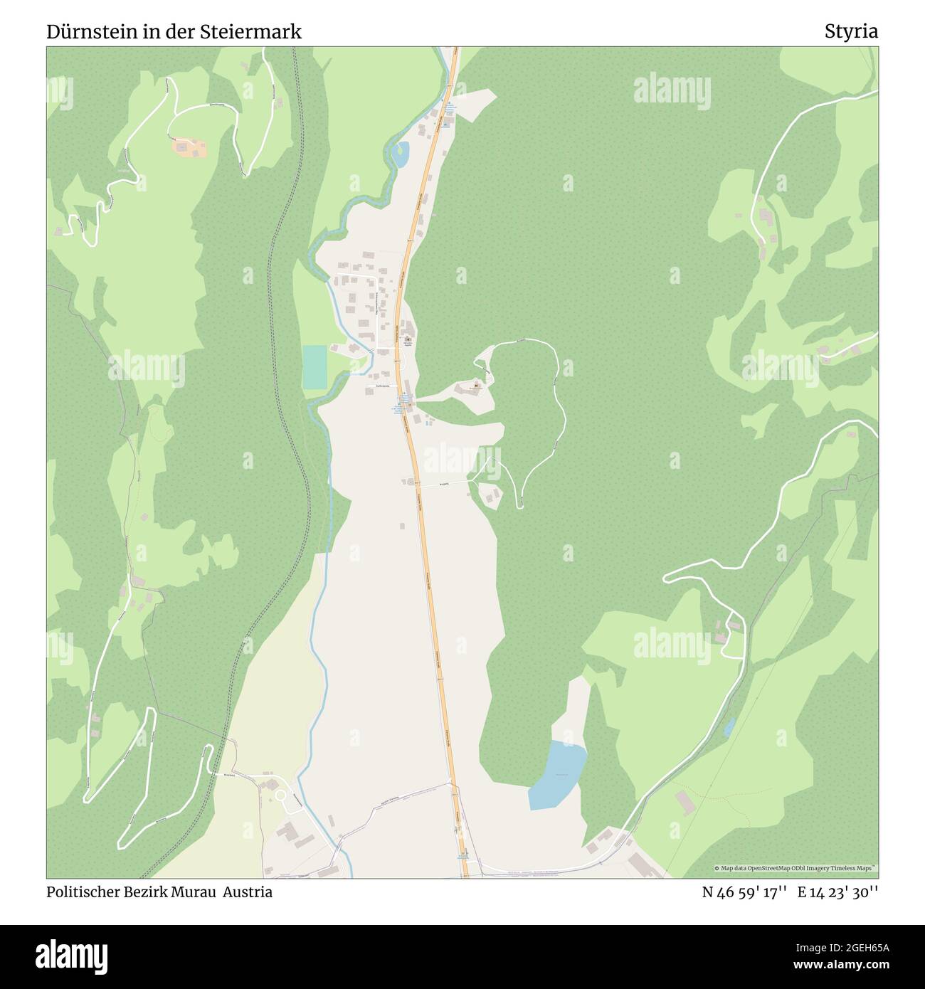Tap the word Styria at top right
851,31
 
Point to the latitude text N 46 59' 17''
744,892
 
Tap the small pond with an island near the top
401,153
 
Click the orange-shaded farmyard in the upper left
189,149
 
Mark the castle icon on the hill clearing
476,386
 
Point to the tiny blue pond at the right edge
729,727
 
